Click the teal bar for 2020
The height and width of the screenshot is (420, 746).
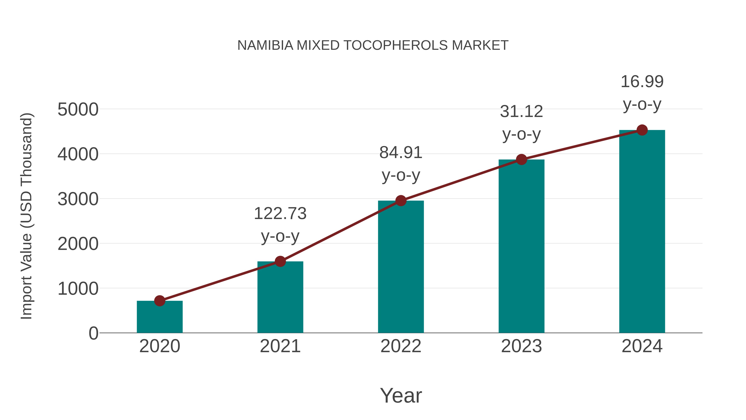[x=160, y=317]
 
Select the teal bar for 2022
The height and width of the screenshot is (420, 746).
[x=401, y=267]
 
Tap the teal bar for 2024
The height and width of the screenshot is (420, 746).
[x=642, y=232]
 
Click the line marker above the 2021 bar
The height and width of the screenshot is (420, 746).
[x=280, y=262]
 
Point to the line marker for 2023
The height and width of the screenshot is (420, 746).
[x=521, y=159]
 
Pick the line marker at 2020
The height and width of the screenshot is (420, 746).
[x=160, y=301]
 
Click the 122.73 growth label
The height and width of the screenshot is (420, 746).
[x=280, y=214]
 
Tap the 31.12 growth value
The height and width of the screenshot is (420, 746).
[x=521, y=112]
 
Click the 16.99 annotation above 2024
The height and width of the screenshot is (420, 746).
[x=642, y=82]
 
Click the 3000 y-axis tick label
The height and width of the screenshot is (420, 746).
[x=78, y=199]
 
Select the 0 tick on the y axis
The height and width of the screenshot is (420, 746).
[x=93, y=333]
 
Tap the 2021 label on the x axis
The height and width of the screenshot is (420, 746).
[x=280, y=346]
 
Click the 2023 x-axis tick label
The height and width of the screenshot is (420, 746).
[x=521, y=346]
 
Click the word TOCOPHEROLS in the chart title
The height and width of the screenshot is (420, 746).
[x=396, y=45]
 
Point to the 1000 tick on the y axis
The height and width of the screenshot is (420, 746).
[x=78, y=289]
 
